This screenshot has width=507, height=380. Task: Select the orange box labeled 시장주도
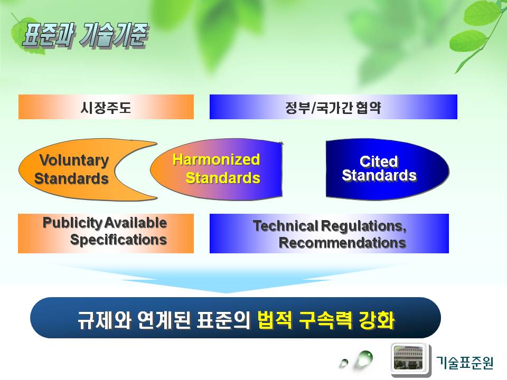point(106,107)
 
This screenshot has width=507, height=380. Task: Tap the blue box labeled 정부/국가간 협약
point(333,107)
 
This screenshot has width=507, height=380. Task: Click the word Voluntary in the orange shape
point(74,160)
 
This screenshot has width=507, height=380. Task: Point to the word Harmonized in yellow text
point(216,159)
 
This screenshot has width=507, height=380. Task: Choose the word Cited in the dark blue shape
point(379,161)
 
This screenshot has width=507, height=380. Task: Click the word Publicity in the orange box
point(73,223)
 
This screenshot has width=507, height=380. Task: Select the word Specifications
point(118,240)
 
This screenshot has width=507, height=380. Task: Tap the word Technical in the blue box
point(286,226)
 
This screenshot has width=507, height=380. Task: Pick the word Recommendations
point(342,243)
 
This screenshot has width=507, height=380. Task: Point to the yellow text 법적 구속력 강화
point(326,320)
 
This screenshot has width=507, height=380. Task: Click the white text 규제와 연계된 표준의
point(164,320)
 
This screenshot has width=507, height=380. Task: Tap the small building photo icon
point(408,358)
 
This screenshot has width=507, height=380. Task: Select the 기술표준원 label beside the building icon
point(465,362)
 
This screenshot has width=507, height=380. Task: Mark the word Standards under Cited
point(379,175)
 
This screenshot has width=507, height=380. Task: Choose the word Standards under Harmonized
point(223,178)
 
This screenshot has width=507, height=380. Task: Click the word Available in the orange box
point(136,223)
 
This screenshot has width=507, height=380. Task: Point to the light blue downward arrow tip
point(227,293)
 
